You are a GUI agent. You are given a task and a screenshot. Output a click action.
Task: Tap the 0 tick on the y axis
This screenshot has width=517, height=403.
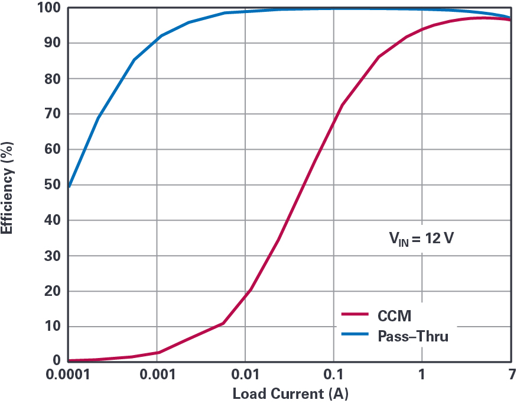[x=57, y=360]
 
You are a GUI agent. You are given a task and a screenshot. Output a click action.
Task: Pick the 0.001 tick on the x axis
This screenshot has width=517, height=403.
[x=157, y=376]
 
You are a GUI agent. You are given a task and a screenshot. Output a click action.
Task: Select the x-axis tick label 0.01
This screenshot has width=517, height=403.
[x=245, y=376]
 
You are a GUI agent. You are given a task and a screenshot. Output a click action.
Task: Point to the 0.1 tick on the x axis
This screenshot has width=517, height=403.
[x=333, y=376]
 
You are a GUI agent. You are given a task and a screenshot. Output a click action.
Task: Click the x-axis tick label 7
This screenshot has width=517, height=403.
[x=510, y=376]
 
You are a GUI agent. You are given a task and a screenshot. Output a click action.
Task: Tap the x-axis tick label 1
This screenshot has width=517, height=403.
[x=422, y=376]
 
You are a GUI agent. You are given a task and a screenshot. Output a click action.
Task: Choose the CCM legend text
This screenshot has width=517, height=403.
[x=395, y=315]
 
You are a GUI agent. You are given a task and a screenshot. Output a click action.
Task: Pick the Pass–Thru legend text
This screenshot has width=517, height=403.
[x=413, y=336]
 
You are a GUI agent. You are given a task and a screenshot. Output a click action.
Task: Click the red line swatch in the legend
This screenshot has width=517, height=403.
[x=356, y=315]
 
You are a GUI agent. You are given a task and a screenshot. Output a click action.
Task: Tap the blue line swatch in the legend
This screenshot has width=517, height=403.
[x=356, y=336]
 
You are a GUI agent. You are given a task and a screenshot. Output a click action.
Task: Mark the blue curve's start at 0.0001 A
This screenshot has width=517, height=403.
[x=69, y=186]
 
